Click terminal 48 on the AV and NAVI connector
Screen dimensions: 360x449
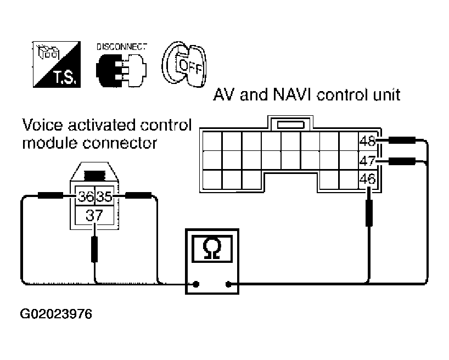(367, 141)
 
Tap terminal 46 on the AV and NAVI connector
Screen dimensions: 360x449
(367, 178)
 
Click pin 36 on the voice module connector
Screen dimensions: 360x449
(85, 196)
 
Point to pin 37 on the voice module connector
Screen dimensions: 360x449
(94, 215)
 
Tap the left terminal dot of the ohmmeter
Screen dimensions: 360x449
(195, 284)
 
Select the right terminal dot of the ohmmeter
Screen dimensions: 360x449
(228, 284)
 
